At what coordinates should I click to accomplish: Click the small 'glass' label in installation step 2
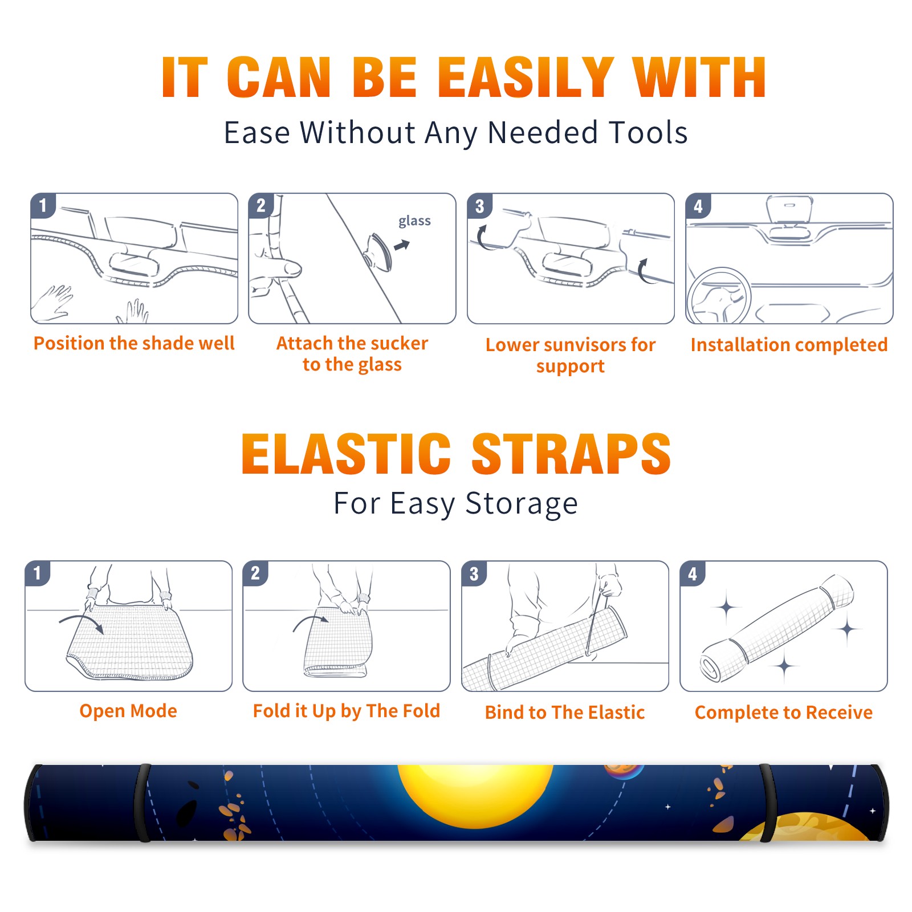tap(414, 221)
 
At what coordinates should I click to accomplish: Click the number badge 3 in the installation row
tap(479, 206)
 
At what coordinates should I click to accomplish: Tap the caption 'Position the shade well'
tap(134, 343)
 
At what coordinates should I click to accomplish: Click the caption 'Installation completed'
tap(789, 345)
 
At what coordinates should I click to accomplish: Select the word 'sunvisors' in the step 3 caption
tap(581, 345)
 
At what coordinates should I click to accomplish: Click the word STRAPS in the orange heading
tap(572, 454)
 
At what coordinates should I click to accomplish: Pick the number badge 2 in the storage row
tap(255, 573)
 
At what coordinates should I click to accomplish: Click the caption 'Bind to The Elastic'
tap(565, 712)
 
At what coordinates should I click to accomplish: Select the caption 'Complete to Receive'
tap(784, 712)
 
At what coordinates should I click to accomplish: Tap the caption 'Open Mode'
tap(128, 711)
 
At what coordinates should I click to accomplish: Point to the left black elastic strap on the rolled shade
tap(142, 803)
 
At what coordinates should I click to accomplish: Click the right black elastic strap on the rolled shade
tap(767, 803)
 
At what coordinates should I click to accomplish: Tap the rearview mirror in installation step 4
tap(789, 210)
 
